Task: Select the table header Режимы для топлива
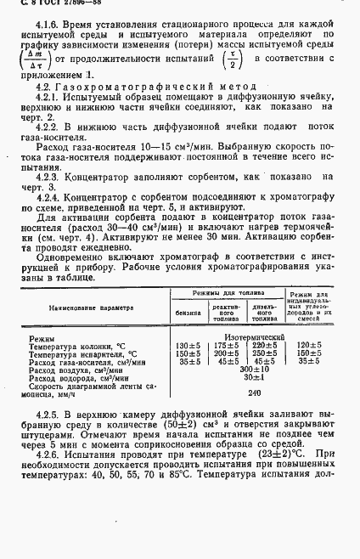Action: click(225, 293)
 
